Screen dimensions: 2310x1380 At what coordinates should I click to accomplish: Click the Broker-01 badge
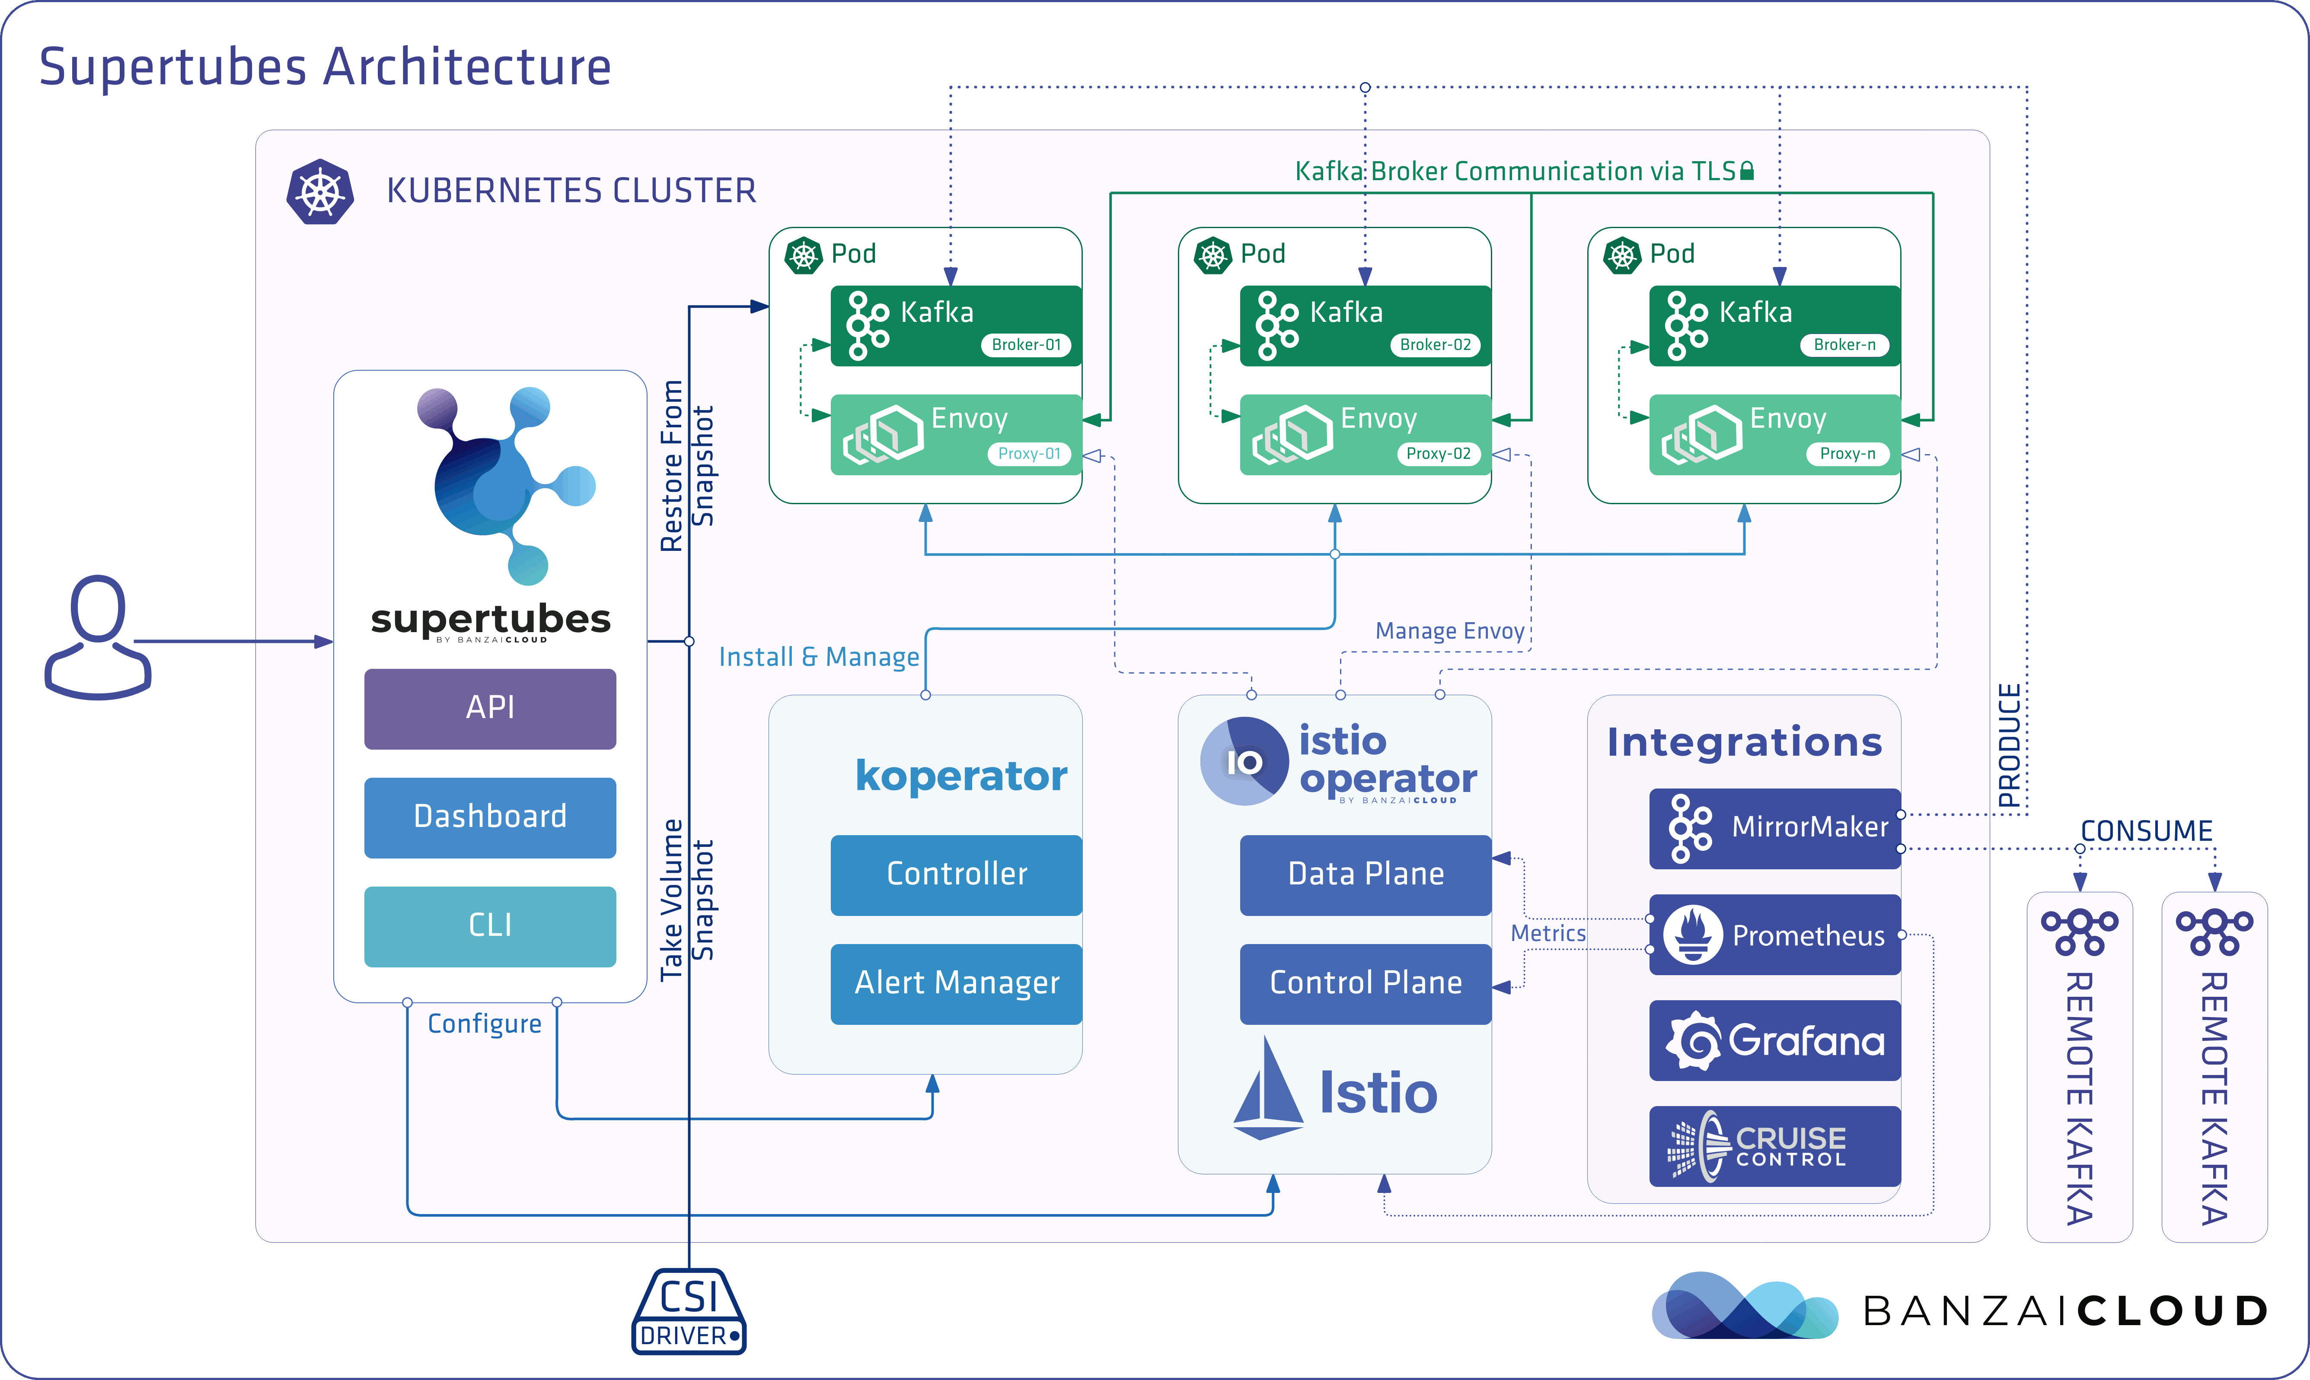click(1026, 345)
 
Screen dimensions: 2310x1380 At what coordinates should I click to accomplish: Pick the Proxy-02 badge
click(1437, 454)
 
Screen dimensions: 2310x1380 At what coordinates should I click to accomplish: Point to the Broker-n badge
click(1845, 345)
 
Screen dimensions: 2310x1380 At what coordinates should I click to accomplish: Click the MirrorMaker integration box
click(1775, 829)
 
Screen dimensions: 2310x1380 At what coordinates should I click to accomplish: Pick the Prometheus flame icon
click(1692, 935)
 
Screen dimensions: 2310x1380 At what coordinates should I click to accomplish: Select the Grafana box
click(1775, 1040)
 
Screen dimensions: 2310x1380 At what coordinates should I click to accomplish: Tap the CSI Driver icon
click(689, 1311)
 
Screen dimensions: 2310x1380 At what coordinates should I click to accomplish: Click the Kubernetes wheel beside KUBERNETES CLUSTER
click(320, 193)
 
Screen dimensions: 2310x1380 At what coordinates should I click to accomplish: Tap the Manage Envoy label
click(1449, 631)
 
